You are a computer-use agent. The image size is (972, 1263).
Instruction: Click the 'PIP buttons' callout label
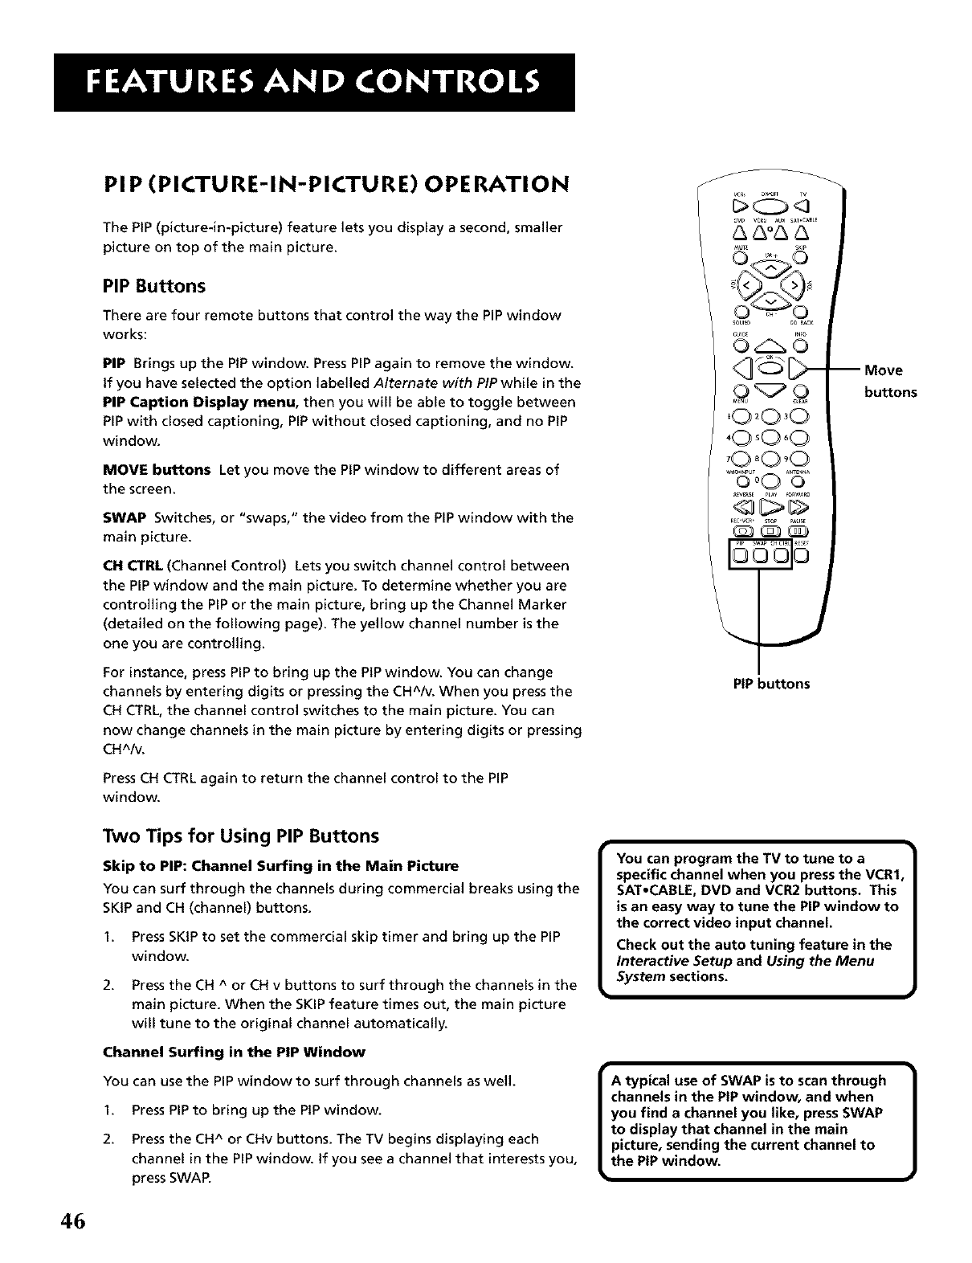tap(771, 684)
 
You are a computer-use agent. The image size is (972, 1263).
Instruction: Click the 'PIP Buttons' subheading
tap(154, 286)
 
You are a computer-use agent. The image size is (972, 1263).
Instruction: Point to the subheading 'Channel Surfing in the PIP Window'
tap(235, 1052)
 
